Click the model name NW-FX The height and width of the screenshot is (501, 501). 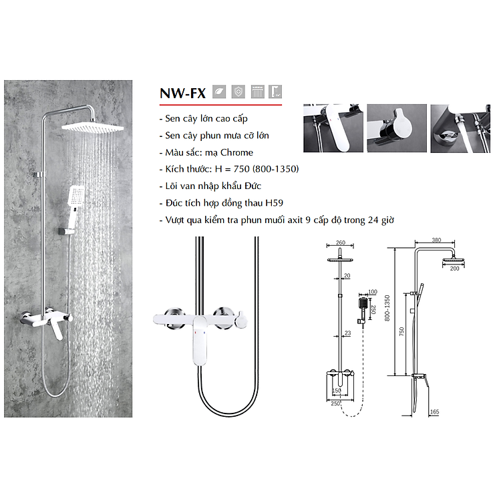(182, 93)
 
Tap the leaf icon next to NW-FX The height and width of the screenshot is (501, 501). (219, 92)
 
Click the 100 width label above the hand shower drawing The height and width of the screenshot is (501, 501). (371, 293)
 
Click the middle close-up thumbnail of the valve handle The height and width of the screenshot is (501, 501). (396, 129)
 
